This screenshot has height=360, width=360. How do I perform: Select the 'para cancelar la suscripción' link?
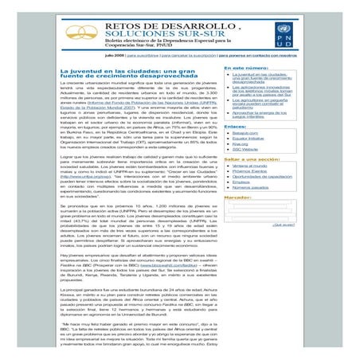188,55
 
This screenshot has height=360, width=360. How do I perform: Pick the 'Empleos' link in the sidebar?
241,185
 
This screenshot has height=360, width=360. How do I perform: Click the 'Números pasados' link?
250,190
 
